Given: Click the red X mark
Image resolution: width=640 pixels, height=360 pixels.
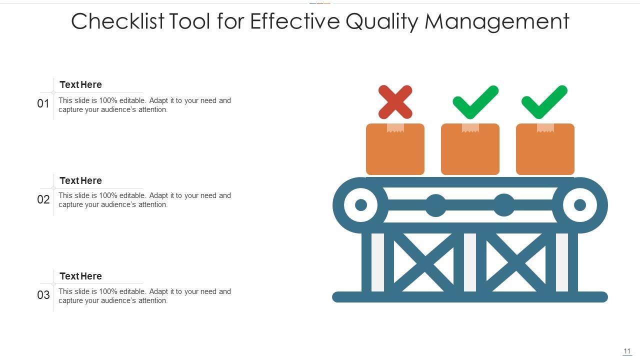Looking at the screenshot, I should click(x=395, y=102).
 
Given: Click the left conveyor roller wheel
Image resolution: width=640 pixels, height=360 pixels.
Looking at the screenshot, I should click(x=360, y=205).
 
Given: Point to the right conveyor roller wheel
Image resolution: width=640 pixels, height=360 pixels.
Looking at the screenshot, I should click(x=580, y=205).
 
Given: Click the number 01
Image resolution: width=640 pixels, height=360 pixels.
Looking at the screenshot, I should click(x=43, y=104).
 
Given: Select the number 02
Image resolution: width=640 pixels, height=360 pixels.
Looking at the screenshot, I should click(x=43, y=200).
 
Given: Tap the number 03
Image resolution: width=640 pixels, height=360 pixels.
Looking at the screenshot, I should click(x=43, y=295).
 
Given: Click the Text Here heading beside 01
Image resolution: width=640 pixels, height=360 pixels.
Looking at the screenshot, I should click(x=80, y=85).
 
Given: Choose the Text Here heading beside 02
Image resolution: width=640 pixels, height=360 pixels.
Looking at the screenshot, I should click(x=80, y=181).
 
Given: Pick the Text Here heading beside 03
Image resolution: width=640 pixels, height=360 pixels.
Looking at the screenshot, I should click(x=80, y=276).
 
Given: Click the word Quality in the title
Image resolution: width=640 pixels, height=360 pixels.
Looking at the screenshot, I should click(x=380, y=22).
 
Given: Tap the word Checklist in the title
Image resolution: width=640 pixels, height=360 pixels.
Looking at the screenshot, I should click(x=117, y=22).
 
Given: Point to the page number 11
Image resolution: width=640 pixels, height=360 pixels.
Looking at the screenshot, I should click(x=627, y=351).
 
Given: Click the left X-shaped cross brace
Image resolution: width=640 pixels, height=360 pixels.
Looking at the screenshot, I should click(x=425, y=262).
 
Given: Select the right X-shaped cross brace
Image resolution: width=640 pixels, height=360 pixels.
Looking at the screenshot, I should click(x=515, y=262).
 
